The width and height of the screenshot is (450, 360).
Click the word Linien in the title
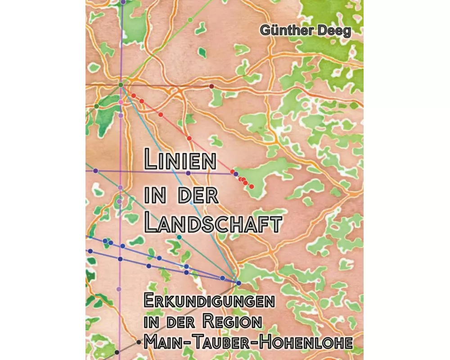pos(179,161)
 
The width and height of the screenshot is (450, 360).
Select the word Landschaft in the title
pos(212,223)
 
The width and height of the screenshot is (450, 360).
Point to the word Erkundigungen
pos(209,301)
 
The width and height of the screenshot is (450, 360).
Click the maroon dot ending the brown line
pos(211,86)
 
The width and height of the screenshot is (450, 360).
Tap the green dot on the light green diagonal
pos(190,20)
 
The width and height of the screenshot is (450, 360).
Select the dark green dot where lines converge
pos(121,85)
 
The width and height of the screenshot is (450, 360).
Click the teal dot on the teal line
pos(179,237)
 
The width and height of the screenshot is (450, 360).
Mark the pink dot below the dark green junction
pos(121,102)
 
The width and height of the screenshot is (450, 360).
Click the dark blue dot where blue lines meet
pos(238,283)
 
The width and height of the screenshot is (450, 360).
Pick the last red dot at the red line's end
pos(252,186)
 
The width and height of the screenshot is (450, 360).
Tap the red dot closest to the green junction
pos(134,95)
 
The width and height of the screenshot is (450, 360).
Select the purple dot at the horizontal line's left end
pos(95,171)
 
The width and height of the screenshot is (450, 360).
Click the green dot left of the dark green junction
pos(96,106)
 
